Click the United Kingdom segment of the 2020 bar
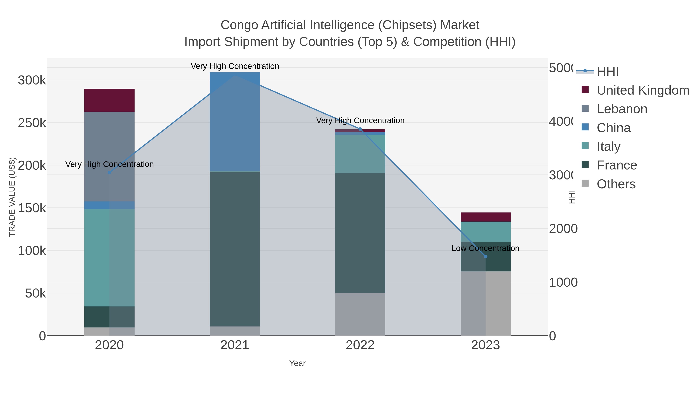point(109,100)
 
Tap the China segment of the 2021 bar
point(235,122)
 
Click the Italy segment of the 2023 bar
point(485,232)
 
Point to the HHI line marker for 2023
point(486,256)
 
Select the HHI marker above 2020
point(109,173)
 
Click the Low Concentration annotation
point(485,248)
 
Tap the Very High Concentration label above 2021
point(235,66)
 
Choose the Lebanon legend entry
point(622,109)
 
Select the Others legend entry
point(616,184)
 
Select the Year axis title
point(297,363)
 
